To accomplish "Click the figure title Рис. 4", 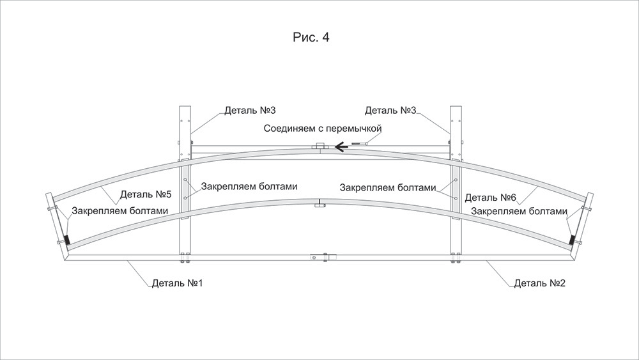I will pos(311,38).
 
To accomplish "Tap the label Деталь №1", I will pos(177,283).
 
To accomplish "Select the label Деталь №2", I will pos(540,283).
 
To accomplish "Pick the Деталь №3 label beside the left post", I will pos(250,111).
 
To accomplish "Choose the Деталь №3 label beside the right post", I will pos(390,111).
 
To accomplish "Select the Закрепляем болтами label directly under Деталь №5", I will pos(120,210).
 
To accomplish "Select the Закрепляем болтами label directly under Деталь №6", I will pos(519,212).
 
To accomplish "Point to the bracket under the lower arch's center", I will pos(318,205).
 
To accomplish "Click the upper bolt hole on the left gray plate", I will pos(185,182).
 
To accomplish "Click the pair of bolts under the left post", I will pos(185,259).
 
